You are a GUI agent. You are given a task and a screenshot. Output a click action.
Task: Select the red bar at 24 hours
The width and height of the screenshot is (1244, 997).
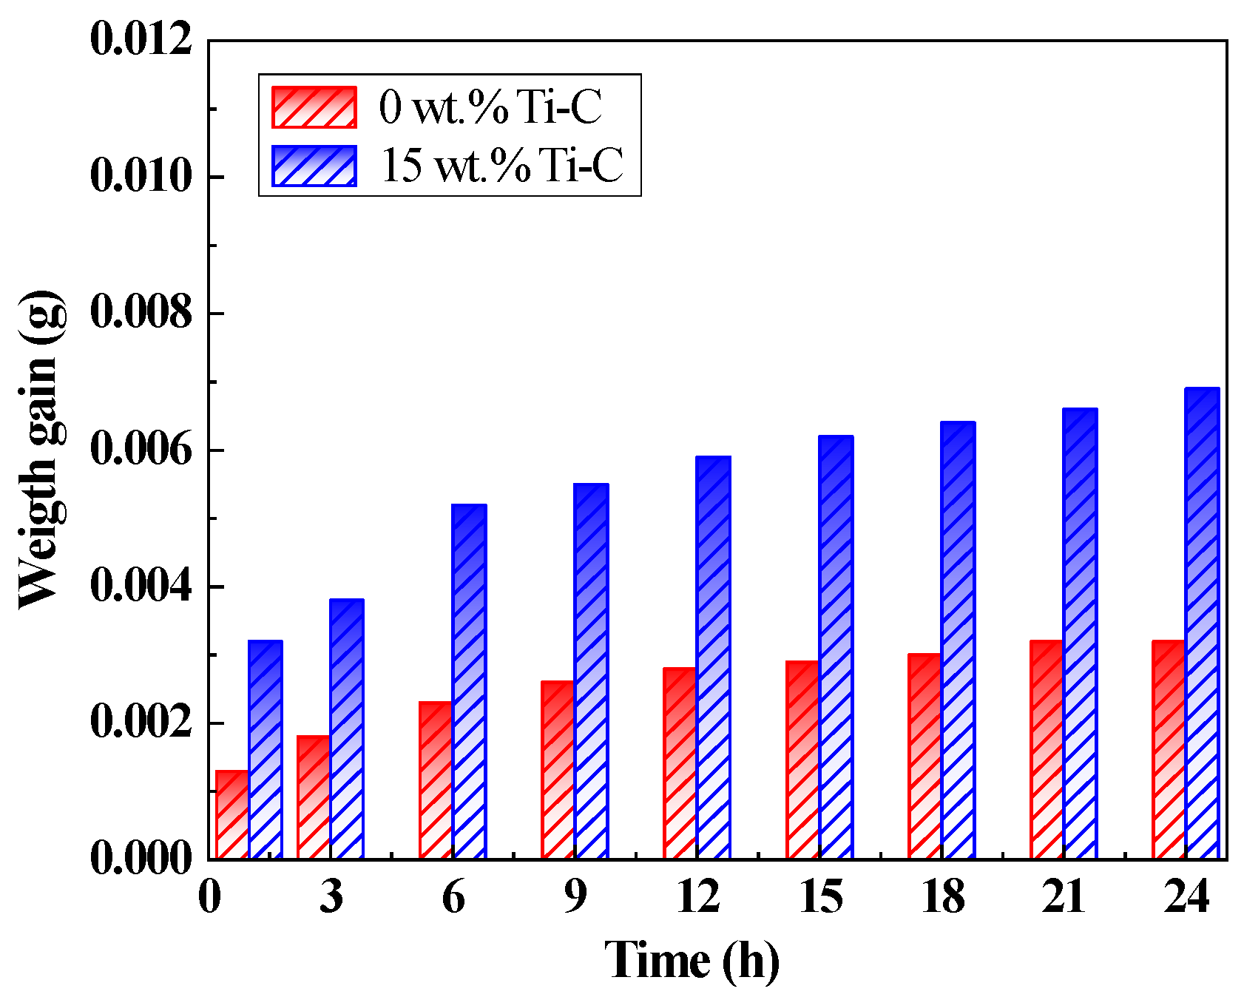[x=1169, y=749]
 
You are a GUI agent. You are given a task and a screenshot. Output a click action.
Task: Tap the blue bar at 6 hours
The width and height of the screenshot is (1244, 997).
[x=470, y=681]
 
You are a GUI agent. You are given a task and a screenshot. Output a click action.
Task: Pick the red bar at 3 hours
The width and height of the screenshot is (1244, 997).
[x=314, y=797]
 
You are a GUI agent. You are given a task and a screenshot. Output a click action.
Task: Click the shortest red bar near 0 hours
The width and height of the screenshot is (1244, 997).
[x=231, y=814]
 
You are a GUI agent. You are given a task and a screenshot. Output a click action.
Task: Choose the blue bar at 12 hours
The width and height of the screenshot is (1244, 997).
[x=714, y=658]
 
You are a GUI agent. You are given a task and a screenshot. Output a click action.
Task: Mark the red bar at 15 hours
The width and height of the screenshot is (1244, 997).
[x=802, y=760]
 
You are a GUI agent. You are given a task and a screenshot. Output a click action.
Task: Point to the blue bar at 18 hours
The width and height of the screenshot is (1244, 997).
[x=958, y=640]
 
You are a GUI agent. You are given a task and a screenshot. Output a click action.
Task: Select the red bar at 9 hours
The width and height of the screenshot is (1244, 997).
[x=558, y=769]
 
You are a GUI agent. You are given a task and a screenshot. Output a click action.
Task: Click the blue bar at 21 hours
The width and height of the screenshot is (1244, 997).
[x=1080, y=633]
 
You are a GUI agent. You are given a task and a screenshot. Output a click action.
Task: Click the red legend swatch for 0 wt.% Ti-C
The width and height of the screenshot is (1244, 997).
[x=314, y=107]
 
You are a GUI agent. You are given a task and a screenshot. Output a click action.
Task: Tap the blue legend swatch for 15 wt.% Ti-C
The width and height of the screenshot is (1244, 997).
[x=314, y=165]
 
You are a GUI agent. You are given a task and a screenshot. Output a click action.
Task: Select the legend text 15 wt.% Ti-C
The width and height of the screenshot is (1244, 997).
[x=502, y=165]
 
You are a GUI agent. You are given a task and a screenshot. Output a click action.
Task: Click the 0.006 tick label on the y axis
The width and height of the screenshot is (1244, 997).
[x=141, y=450]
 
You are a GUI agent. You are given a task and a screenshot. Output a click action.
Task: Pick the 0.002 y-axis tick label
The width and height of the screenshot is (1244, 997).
[x=141, y=723]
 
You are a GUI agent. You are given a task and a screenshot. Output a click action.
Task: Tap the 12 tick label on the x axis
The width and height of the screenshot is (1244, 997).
[x=698, y=897]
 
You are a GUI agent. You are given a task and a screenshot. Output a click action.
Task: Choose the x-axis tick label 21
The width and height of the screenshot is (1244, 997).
[x=1064, y=897]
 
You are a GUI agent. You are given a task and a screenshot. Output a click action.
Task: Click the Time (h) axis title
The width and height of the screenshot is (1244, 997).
[x=692, y=961]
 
